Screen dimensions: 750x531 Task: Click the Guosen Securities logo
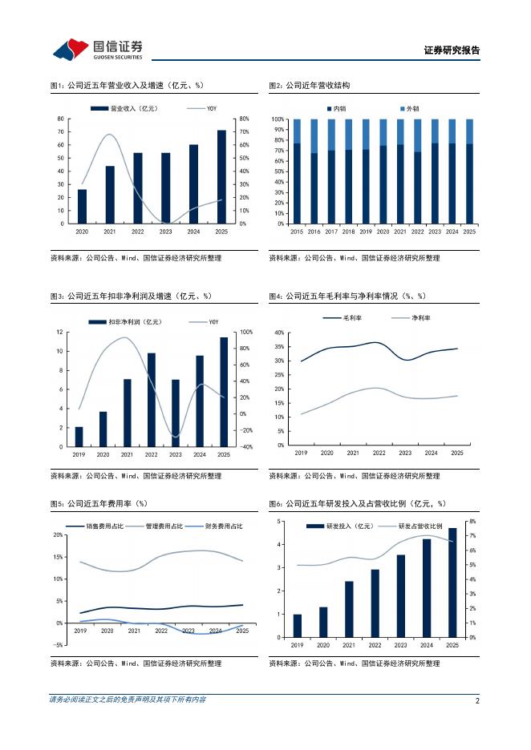point(98,49)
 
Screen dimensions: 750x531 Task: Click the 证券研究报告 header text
point(452,50)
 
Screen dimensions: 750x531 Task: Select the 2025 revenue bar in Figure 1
point(221,176)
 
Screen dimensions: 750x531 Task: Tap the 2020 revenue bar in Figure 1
point(82,206)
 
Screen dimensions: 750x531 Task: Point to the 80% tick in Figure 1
point(245,119)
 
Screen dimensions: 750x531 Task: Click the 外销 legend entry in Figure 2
point(409,108)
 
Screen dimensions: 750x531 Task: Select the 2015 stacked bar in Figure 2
point(297,171)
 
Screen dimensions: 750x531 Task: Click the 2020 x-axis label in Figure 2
point(383,231)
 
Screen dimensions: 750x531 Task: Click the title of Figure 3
point(131,296)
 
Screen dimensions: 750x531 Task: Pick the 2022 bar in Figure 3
point(151,399)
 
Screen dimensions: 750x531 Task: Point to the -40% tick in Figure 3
point(246,447)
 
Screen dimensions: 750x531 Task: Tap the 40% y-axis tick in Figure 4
point(279,333)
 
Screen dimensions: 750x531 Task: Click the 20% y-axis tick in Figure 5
point(58,534)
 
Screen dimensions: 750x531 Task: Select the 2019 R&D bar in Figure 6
point(297,626)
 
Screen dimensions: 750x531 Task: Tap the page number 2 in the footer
point(477,700)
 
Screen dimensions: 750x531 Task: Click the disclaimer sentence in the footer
point(128,700)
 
